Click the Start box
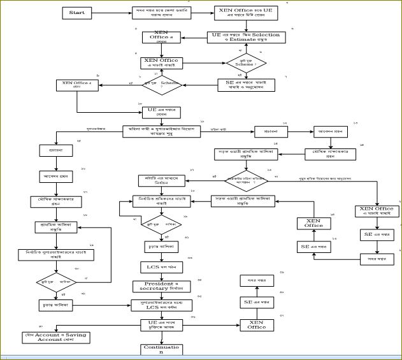78,13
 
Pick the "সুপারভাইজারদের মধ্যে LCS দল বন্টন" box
161,305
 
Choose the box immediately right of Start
153,13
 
